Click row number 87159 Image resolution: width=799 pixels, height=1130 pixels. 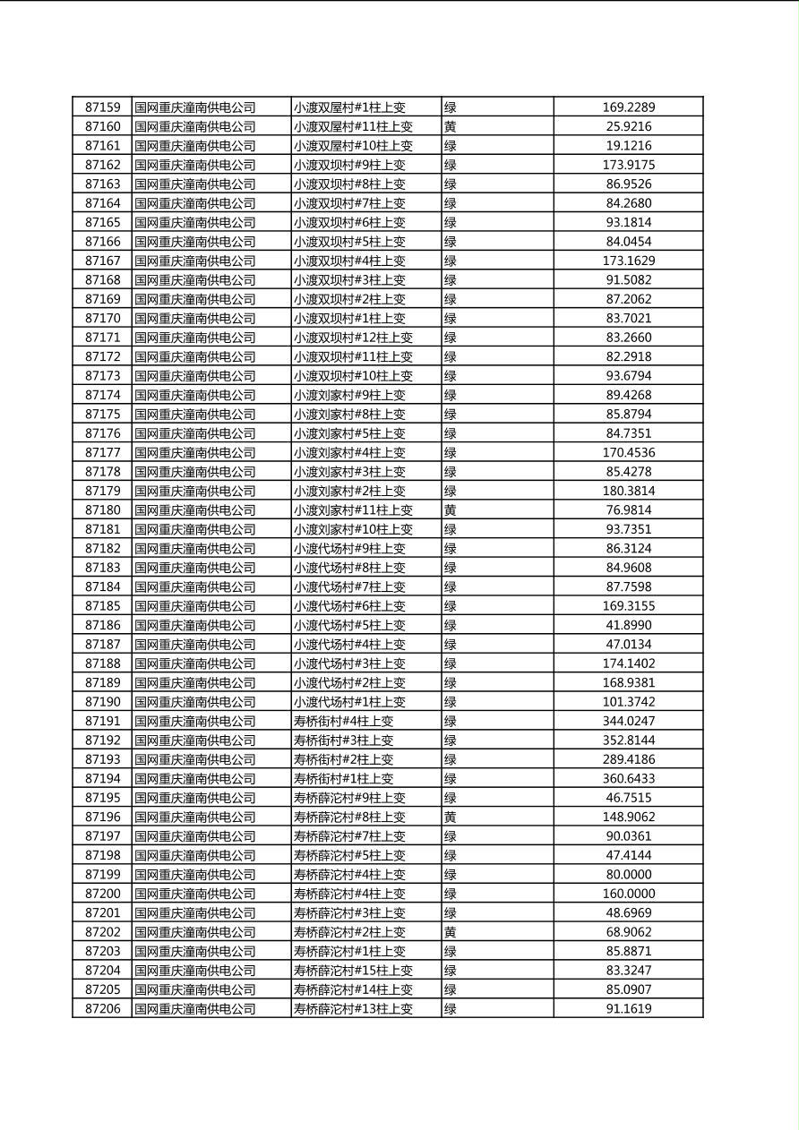coord(102,107)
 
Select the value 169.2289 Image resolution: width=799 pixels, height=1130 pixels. coord(628,107)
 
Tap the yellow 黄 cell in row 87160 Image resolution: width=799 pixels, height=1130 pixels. coord(451,127)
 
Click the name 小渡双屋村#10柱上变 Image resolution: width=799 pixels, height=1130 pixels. coord(353,146)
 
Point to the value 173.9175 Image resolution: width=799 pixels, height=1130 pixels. coord(628,165)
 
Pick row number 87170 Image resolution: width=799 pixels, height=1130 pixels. coord(102,319)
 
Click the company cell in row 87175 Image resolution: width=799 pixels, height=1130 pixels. coord(195,415)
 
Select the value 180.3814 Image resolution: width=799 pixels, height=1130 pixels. coord(628,491)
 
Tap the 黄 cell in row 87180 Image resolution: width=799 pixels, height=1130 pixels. coord(451,510)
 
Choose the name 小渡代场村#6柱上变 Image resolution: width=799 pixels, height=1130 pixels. coord(349,606)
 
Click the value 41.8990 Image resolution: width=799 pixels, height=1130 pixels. coord(628,625)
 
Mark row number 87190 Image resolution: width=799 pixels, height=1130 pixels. coord(102,702)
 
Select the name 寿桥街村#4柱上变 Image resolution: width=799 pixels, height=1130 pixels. coord(343,721)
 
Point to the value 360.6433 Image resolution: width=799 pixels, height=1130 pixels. coord(628,779)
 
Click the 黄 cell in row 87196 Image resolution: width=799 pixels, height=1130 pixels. coord(451,817)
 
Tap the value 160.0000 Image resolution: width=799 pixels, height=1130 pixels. coord(628,894)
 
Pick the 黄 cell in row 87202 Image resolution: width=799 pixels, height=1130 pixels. coord(451,932)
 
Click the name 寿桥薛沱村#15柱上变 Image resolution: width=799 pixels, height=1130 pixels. coord(353,971)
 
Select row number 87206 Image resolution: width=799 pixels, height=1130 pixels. coord(102,1009)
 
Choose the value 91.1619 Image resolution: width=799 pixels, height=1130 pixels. coord(628,1009)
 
